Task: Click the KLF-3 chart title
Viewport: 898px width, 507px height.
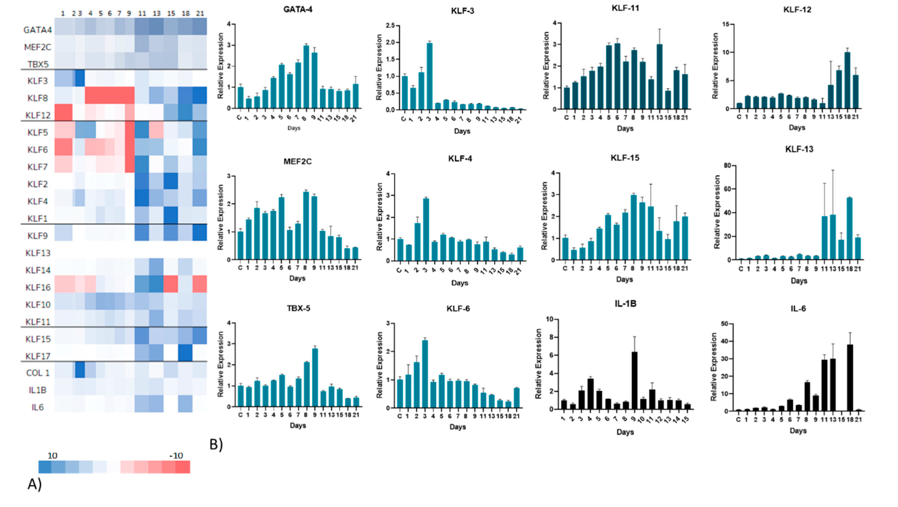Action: coord(462,11)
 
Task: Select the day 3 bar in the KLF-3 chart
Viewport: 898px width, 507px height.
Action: coord(430,77)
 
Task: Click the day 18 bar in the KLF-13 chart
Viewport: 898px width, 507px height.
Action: coord(849,229)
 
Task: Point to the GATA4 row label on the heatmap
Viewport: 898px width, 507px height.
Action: coord(38,30)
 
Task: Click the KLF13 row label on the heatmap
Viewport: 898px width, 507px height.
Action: coord(38,253)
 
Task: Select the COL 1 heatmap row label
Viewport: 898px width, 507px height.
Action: coord(38,373)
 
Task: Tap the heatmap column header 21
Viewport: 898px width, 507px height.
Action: coord(200,13)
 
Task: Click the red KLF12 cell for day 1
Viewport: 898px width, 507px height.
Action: coord(63,112)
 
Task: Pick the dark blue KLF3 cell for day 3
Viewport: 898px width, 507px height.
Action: coord(80,78)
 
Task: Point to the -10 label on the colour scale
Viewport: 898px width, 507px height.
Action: coord(176,455)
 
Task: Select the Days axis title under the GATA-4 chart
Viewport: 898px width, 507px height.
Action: coord(293,128)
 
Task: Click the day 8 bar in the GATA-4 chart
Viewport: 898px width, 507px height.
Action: coord(306,77)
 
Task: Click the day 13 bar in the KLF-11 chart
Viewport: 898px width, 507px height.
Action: coord(659,77)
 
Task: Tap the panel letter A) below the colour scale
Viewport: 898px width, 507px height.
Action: coord(34,484)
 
